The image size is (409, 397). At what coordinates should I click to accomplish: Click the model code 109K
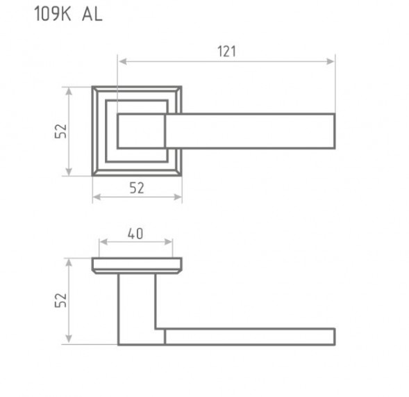(53, 14)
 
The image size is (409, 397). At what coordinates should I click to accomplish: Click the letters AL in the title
(92, 14)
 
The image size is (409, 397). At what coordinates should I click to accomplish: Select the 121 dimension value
(226, 51)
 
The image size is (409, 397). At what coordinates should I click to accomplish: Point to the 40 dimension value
(135, 234)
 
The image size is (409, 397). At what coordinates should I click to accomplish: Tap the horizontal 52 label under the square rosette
(137, 188)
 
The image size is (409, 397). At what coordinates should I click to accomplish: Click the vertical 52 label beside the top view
(61, 131)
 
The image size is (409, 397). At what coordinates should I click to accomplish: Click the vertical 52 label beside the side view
(61, 300)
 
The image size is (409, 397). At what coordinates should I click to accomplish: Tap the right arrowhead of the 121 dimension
(331, 62)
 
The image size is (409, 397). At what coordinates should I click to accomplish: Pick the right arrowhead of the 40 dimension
(168, 242)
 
